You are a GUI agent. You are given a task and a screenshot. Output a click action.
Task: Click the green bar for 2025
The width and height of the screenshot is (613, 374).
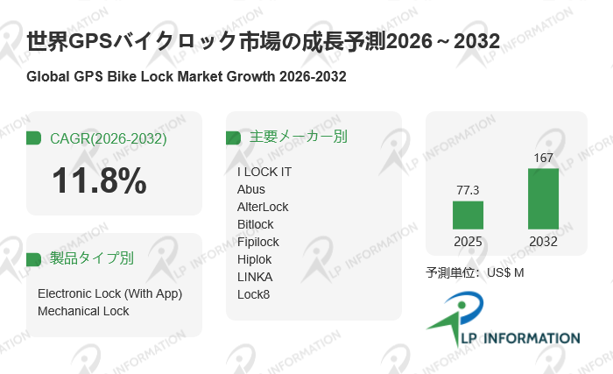click(x=468, y=215)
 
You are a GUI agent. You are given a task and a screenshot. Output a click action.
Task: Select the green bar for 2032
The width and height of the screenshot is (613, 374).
click(x=543, y=199)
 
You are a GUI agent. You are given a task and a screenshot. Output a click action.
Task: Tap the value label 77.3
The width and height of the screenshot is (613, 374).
click(x=468, y=189)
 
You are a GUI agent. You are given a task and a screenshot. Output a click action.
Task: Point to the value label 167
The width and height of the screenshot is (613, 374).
click(x=543, y=158)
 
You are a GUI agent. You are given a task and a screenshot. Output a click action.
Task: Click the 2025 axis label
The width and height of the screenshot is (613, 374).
click(x=468, y=242)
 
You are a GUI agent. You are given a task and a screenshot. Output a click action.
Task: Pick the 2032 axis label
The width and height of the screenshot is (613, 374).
click(x=543, y=242)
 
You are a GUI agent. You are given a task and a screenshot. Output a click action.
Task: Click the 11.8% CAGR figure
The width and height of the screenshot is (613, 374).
click(x=99, y=181)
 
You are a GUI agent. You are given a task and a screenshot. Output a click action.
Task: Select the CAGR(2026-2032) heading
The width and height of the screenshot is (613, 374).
click(x=108, y=138)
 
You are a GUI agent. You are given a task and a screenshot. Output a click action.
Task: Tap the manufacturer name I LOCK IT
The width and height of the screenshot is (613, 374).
click(x=264, y=172)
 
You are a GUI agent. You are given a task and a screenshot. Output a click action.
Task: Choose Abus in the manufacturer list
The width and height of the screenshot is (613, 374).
click(x=251, y=189)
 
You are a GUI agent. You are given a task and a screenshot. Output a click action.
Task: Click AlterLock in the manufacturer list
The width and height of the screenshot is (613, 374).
click(x=263, y=207)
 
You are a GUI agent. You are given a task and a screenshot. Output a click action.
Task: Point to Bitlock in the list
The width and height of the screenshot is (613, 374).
click(x=256, y=224)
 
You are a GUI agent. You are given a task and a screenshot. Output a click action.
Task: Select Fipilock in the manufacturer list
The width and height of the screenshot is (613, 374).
click(x=258, y=242)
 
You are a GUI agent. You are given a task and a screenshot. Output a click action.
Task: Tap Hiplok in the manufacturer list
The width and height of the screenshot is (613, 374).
click(x=255, y=259)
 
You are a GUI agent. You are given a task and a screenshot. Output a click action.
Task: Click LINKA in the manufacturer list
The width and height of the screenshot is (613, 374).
click(x=255, y=277)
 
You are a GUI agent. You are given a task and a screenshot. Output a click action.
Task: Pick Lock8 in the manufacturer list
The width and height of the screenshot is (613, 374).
click(x=254, y=294)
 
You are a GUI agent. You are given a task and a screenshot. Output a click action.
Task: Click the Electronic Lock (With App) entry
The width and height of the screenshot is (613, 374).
click(x=109, y=293)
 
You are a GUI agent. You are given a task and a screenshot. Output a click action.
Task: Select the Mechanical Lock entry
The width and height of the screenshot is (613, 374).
click(x=83, y=311)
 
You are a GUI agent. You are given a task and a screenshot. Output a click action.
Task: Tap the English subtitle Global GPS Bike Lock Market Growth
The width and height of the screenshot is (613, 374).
click(x=187, y=77)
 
